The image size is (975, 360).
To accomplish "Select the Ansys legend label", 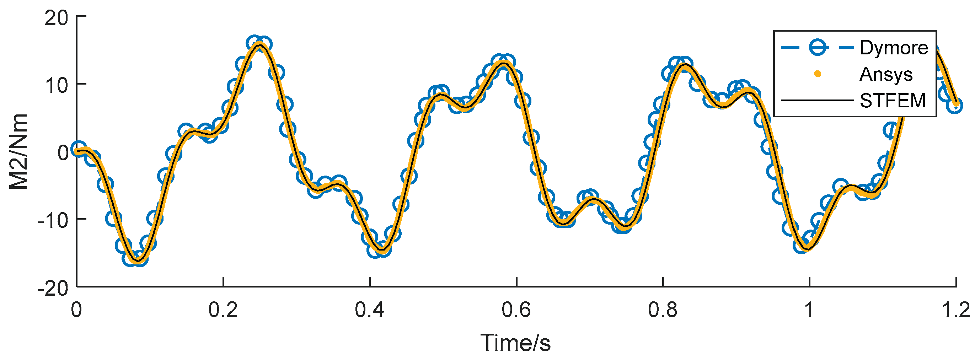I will point(886,74).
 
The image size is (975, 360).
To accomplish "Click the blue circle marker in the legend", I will point(818,48).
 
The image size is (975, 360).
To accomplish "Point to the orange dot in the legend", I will point(818,74).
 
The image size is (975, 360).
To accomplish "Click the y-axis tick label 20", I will point(57,18).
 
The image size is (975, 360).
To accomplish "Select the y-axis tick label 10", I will point(57,85).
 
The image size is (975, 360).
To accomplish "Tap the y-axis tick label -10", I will point(53,220).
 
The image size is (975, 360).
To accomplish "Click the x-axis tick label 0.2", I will point(223,310).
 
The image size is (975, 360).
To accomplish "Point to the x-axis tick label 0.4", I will point(369,310).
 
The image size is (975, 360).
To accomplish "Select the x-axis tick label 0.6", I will point(516,310).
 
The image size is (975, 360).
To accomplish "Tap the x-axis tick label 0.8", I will point(663,310).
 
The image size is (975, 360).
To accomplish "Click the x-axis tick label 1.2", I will point(956,310).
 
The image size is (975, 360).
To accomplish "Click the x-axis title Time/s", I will point(515,343).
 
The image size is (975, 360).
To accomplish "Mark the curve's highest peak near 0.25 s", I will point(259,45).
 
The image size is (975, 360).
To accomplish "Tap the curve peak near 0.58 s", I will point(503,63).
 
